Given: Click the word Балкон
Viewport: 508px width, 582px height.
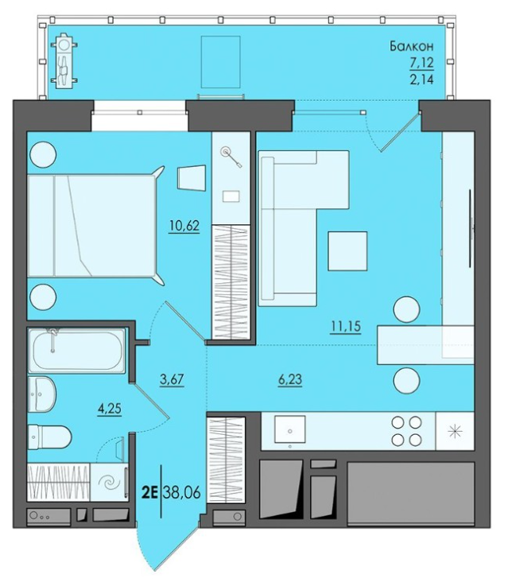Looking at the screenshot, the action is coord(412,46).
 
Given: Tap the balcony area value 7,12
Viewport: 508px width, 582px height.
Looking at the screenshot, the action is coord(421,63).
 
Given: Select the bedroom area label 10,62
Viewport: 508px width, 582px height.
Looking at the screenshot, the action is coord(184,225).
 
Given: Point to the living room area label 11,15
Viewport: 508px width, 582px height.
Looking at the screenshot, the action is coord(346,327).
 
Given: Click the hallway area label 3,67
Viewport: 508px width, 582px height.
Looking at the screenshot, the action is coord(172,380).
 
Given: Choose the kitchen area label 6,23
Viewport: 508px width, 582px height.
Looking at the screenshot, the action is coord(290,379).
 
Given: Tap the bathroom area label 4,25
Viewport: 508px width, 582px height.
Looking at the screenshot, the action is coord(109,409).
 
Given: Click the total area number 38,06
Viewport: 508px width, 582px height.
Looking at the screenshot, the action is coord(181,492).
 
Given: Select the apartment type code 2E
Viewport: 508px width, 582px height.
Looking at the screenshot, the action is coord(150,492).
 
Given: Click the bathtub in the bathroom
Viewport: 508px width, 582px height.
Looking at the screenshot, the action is coord(77,351).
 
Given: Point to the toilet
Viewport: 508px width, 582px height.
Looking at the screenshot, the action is coord(49,436).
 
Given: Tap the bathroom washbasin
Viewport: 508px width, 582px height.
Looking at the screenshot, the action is coord(42,394).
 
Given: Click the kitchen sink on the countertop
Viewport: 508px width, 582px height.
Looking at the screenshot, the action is coord(290,429).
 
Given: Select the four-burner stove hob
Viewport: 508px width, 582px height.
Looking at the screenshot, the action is coord(407,431).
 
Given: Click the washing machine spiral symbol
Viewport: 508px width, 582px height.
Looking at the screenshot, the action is coord(109,483).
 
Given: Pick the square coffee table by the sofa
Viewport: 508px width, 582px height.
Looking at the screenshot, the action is coord(347,251).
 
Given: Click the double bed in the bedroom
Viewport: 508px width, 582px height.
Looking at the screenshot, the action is coord(91,226).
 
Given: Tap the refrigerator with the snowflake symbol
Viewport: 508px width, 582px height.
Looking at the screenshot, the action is coord(455,431).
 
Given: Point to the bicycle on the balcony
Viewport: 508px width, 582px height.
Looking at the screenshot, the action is coord(66,61).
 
